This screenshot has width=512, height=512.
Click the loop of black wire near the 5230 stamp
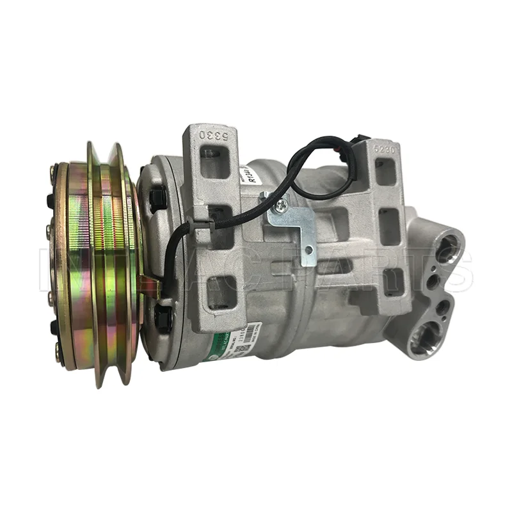pyautogui.click(x=320, y=160)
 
